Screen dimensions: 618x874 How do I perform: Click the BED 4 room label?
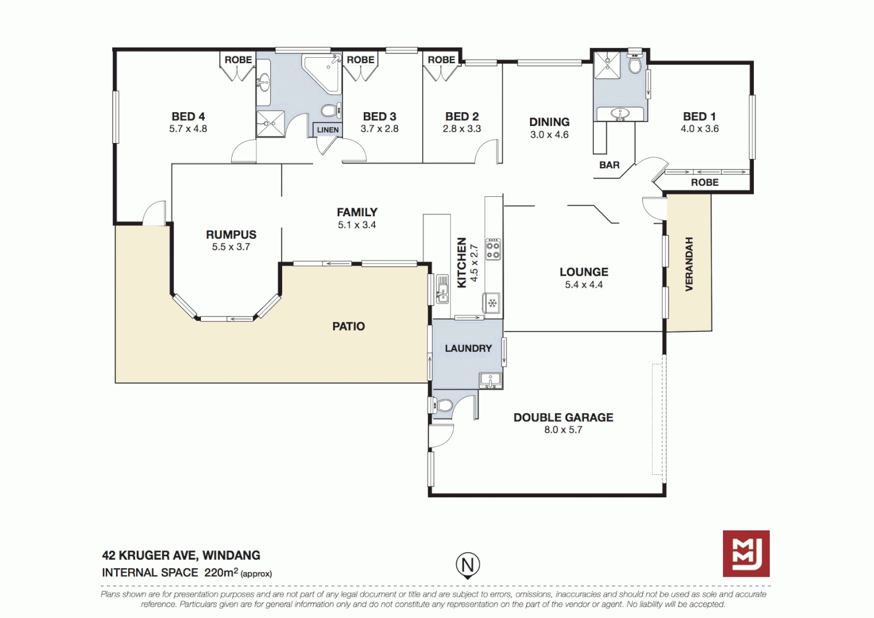point(188,117)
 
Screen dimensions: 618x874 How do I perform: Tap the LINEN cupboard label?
point(328,130)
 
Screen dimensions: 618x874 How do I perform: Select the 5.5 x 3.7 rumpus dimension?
point(231,247)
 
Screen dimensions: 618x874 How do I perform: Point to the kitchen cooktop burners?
point(493,249)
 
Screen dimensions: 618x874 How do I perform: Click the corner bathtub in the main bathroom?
point(322,72)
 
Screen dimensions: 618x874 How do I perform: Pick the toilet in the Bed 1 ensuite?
point(635,64)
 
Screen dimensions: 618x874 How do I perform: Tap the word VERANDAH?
point(689,264)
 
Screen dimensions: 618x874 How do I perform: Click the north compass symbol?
point(468,565)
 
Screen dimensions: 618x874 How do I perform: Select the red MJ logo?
point(746,553)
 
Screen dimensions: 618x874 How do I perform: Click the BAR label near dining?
point(609,165)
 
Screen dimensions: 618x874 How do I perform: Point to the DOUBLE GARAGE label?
point(563,418)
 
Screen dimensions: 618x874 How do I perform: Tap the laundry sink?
point(490,380)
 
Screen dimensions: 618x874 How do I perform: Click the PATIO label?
point(349,326)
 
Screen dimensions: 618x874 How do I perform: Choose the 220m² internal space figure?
point(221,572)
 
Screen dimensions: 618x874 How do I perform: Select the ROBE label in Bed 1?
point(705,183)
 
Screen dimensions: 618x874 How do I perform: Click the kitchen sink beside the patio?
point(442,289)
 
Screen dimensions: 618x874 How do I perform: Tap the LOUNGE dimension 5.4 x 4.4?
point(584,285)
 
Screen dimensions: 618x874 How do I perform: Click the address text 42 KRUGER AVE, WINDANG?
point(181,555)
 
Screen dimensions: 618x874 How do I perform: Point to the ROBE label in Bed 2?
point(441,60)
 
